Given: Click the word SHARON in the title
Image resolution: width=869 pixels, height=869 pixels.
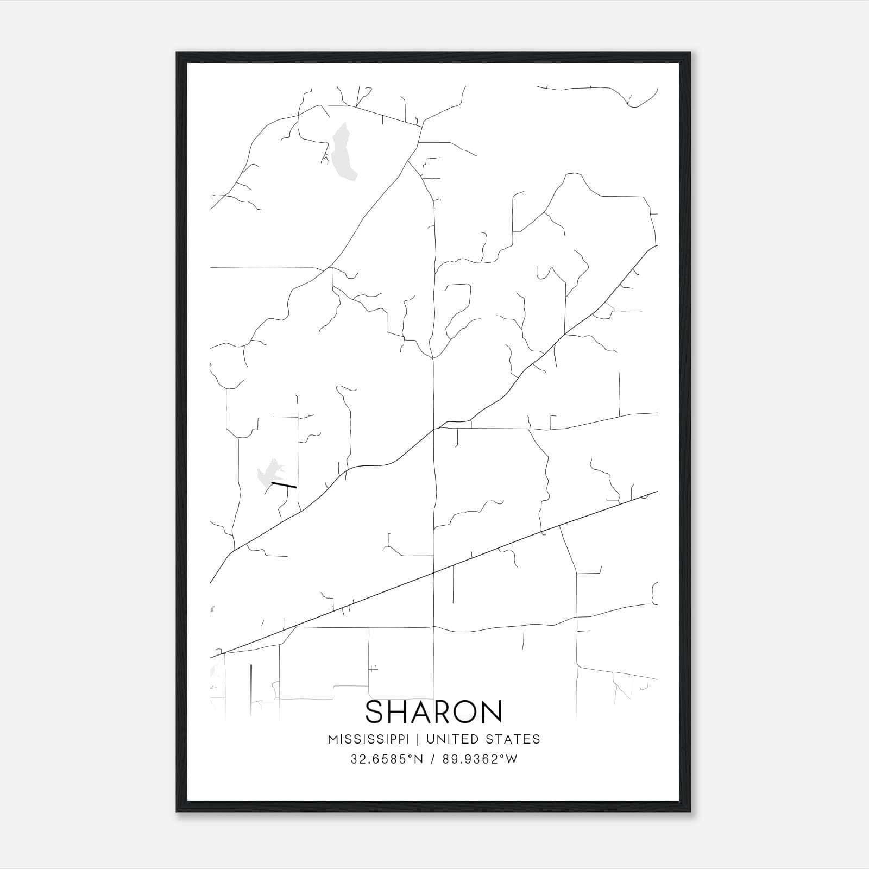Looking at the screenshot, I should [x=434, y=711].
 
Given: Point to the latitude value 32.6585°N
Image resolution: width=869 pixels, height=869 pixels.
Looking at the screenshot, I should [x=386, y=759].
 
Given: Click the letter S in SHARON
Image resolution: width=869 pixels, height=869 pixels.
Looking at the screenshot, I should [x=375, y=711].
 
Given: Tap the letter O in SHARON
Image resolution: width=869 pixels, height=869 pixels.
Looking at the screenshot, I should [x=464, y=711].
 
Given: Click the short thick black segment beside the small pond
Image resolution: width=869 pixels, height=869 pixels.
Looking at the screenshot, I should [x=284, y=484].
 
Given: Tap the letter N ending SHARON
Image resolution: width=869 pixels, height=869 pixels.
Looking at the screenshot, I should [x=492, y=711].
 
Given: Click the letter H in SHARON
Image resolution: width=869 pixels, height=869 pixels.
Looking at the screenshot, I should [x=399, y=711].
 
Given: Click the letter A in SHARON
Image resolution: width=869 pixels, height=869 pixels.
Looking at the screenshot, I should [x=420, y=711].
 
